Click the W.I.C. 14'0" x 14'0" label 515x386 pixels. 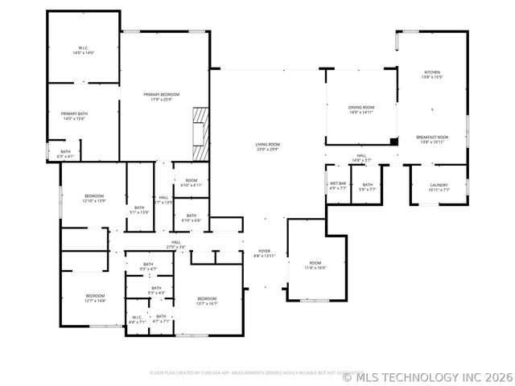84,50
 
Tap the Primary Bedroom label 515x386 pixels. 162,96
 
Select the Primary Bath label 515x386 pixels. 74,116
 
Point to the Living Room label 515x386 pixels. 267,147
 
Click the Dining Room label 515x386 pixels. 361,109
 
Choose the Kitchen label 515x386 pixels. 432,74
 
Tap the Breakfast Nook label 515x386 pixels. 432,139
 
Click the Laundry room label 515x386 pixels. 439,187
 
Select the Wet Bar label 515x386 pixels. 338,187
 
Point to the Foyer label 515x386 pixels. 265,253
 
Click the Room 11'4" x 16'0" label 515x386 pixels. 315,265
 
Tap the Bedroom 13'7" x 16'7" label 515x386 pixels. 207,301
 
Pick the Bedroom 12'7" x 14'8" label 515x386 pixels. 95,298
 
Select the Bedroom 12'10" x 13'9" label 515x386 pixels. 94,198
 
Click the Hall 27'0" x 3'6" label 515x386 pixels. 175,244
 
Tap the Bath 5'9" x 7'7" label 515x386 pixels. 367,187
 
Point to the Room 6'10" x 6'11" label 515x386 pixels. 192,183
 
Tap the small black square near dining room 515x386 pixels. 393,142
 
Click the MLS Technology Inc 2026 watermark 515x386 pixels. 427,376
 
